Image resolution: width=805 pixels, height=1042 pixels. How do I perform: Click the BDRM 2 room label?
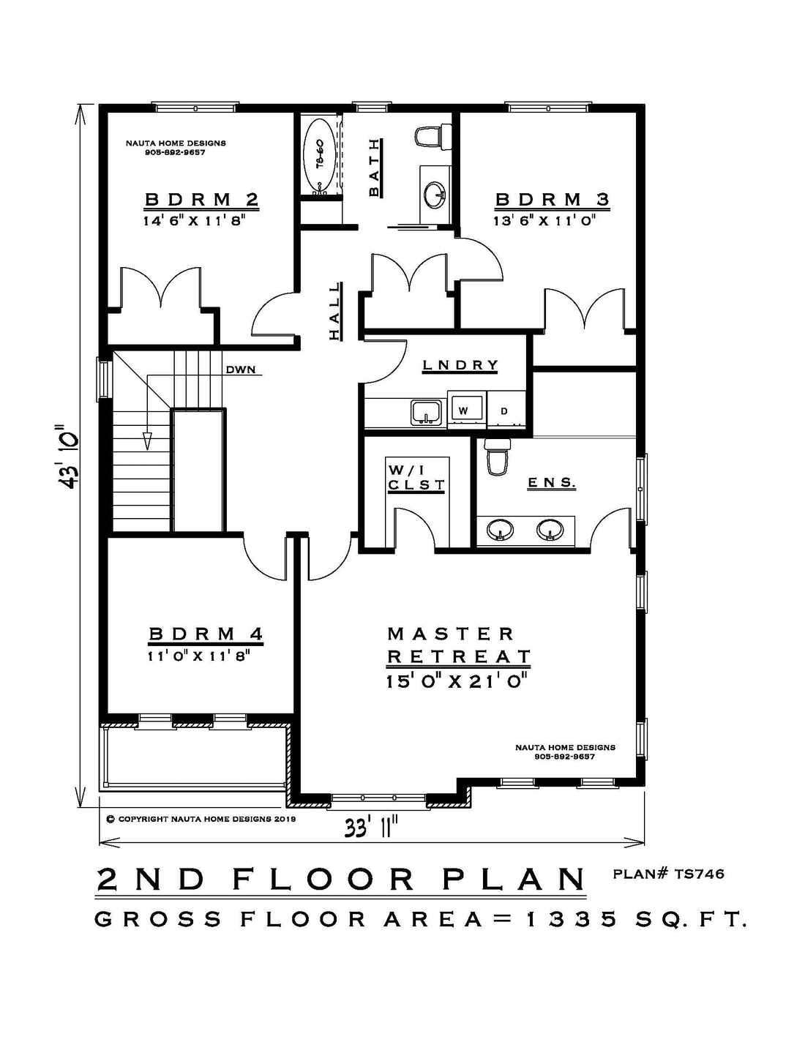[x=201, y=199]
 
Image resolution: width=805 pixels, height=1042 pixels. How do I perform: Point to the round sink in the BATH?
[x=435, y=195]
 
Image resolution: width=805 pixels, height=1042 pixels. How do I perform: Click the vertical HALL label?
[x=334, y=311]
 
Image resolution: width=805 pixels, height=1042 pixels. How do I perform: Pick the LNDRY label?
[x=460, y=365]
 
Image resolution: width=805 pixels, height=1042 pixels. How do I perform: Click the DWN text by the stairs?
[x=241, y=370]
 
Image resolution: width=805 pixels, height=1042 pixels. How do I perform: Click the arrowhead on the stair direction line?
[x=148, y=441]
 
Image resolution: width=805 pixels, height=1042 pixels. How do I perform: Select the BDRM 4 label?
[x=206, y=634]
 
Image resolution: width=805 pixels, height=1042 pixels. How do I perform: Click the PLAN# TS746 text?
[x=668, y=874]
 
